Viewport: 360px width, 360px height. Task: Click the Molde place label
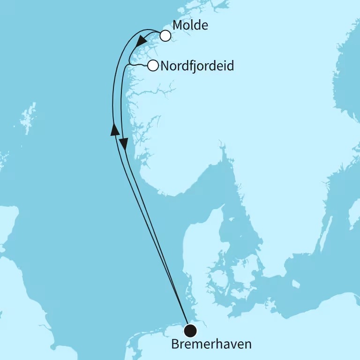tap(190, 25)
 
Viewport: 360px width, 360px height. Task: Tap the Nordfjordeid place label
tap(197, 66)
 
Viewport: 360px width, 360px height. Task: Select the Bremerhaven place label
tap(211, 345)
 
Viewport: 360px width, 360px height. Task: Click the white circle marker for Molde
tap(165, 36)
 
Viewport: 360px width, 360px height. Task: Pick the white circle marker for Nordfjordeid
tap(153, 66)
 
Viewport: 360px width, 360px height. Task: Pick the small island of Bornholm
tap(295, 284)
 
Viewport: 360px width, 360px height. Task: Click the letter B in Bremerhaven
tap(175, 345)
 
